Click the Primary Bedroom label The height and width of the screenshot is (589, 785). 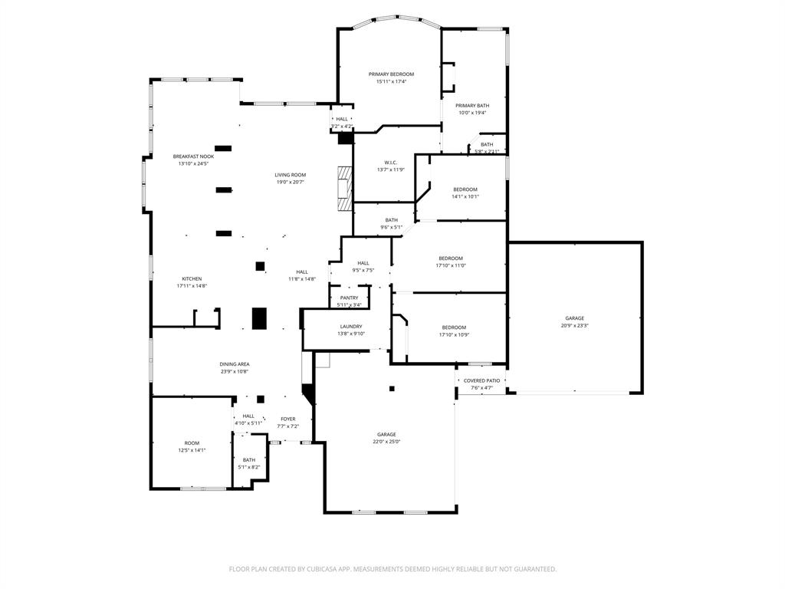pos(391,74)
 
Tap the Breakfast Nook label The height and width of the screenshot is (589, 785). pos(193,156)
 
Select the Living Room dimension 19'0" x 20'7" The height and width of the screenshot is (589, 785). pos(291,182)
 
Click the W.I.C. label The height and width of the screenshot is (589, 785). pos(390,163)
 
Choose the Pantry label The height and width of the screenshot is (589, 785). pos(349,298)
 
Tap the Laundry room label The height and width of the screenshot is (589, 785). pos(351,326)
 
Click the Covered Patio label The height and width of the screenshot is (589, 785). pos(481,380)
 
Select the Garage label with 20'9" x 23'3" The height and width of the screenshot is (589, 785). pos(575,318)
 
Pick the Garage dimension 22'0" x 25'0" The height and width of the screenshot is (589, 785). pos(386,442)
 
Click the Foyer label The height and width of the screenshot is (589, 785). pos(287,419)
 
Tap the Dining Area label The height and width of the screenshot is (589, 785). pos(235,364)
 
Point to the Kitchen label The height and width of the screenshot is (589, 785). pos(192,278)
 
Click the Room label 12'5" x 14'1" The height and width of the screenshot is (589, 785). pos(192,443)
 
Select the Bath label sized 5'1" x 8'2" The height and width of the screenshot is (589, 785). pos(249,460)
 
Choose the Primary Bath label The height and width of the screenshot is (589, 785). pos(472,106)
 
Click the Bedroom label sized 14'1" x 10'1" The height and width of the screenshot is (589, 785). pos(465,189)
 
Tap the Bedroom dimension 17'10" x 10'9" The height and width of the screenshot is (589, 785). pos(454,334)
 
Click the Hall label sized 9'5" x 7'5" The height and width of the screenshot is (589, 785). pos(363,263)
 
